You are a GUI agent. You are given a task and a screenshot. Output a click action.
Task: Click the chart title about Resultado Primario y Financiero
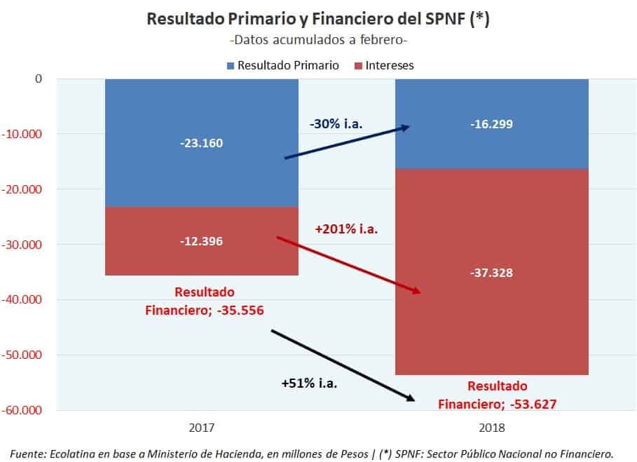click(317, 18)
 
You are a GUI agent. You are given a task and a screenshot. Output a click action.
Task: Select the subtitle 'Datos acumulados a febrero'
click(317, 40)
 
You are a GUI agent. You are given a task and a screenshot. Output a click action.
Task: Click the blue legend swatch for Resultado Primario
click(230, 66)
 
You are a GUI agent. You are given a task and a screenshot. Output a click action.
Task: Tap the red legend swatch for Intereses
click(358, 66)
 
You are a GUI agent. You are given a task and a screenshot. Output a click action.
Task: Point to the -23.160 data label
click(201, 143)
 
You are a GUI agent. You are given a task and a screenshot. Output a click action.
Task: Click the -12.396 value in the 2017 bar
click(201, 241)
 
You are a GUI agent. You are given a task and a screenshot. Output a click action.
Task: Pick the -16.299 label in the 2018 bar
click(491, 125)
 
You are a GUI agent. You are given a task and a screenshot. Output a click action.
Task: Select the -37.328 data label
click(491, 273)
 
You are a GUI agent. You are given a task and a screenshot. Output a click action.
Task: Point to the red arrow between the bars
click(348, 265)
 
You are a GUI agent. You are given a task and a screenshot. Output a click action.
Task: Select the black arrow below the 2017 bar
click(343, 365)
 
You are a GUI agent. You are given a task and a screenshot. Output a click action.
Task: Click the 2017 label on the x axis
click(201, 427)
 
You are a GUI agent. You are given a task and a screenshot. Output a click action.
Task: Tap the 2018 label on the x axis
click(491, 427)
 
